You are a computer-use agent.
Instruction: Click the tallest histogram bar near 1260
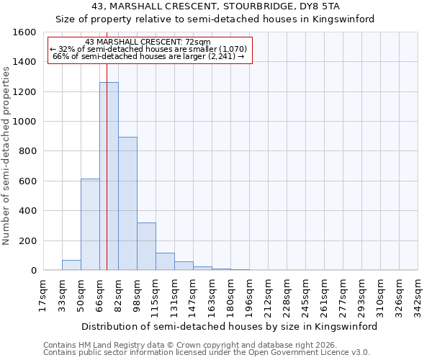coord(109,176)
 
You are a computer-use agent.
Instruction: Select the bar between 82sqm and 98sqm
coord(127,204)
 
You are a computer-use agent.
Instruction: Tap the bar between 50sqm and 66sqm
coord(90,225)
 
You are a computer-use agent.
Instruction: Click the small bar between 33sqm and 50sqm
coord(71,265)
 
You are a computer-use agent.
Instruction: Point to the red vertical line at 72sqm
coord(107,180)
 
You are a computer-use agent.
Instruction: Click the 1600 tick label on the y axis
coord(24,32)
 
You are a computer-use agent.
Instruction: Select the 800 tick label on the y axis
coord(27,151)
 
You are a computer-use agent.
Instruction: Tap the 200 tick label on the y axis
coord(27,240)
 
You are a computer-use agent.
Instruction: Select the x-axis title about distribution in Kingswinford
coord(230,326)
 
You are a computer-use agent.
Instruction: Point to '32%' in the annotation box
coord(66,49)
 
